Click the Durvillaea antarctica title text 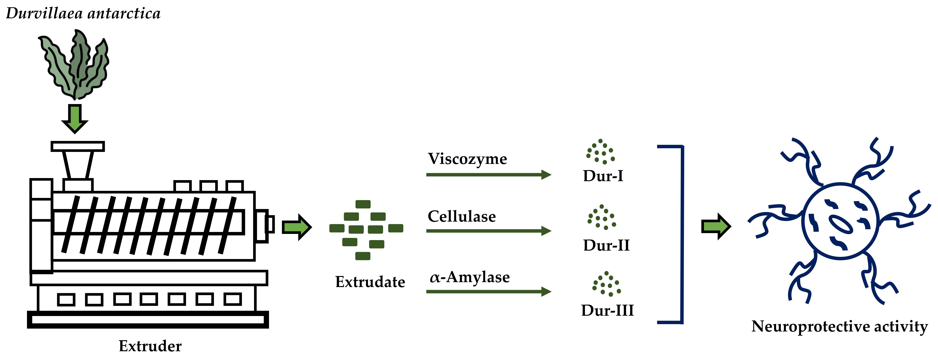pyautogui.click(x=83, y=13)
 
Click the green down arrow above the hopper pyautogui.click(x=75, y=118)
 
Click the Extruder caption pyautogui.click(x=150, y=346)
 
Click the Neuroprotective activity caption pyautogui.click(x=839, y=327)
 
